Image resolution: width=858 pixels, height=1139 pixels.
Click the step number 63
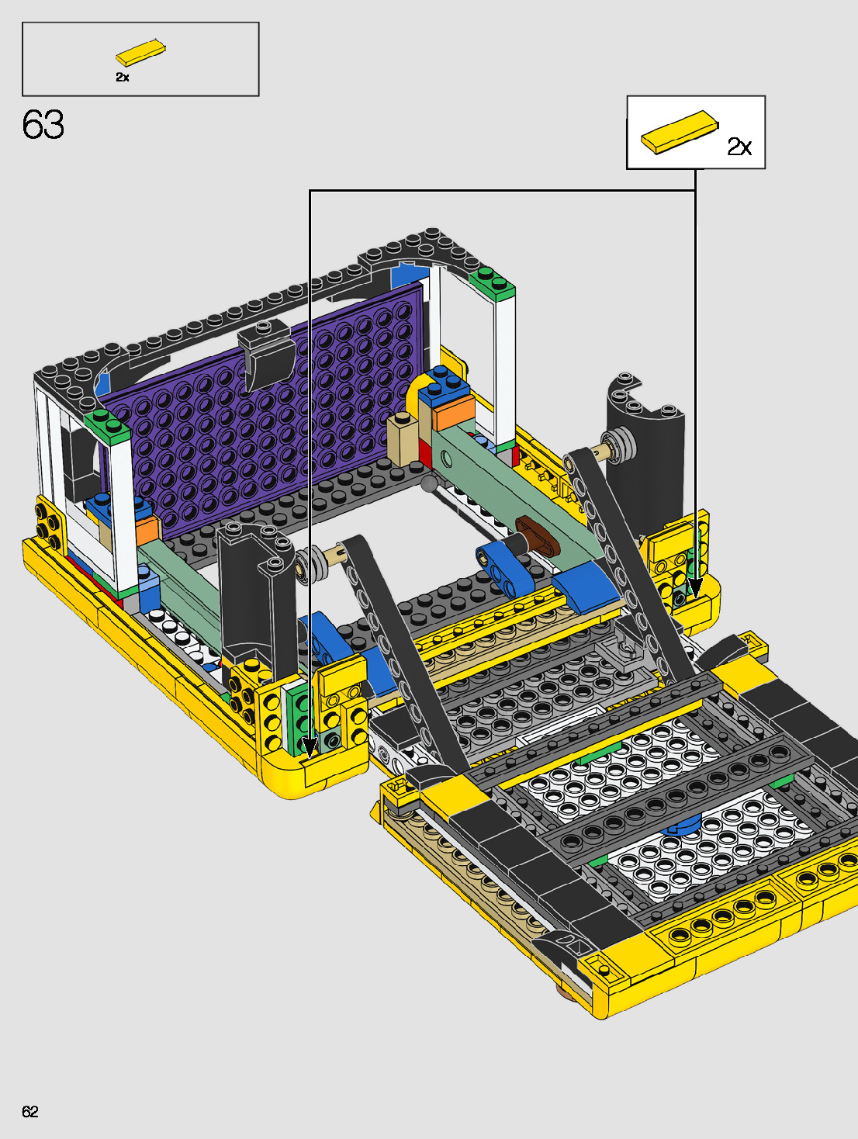[43, 125]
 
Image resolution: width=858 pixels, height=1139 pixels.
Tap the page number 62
[30, 1111]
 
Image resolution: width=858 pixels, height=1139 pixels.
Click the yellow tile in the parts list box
[140, 53]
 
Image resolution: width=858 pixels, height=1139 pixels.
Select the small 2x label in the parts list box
[123, 78]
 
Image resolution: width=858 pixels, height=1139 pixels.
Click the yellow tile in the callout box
[680, 133]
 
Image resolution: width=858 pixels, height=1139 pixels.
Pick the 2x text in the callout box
[739, 147]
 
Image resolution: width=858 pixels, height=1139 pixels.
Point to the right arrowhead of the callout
[695, 588]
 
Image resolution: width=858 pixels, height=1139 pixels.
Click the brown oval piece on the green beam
[538, 535]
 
